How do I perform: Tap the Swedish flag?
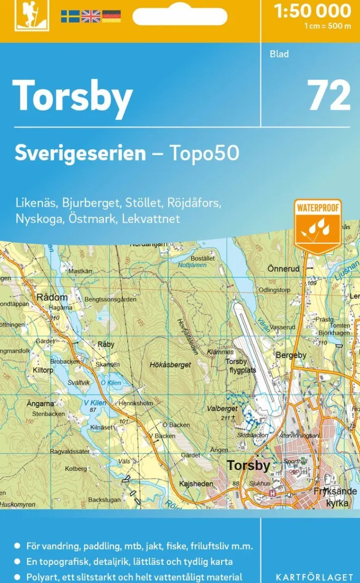click(70, 17)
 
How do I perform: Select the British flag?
click(90, 17)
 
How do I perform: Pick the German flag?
click(111, 17)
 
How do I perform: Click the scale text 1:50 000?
click(313, 11)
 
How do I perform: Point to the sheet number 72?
click(329, 95)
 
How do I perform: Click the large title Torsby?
click(72, 96)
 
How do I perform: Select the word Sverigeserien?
click(80, 153)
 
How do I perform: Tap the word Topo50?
click(204, 153)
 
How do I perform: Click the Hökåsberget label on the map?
click(170, 364)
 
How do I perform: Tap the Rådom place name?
click(52, 297)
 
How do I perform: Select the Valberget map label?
click(223, 408)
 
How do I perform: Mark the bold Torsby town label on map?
click(248, 465)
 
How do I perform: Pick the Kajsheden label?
click(196, 484)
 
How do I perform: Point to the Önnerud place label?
click(283, 269)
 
